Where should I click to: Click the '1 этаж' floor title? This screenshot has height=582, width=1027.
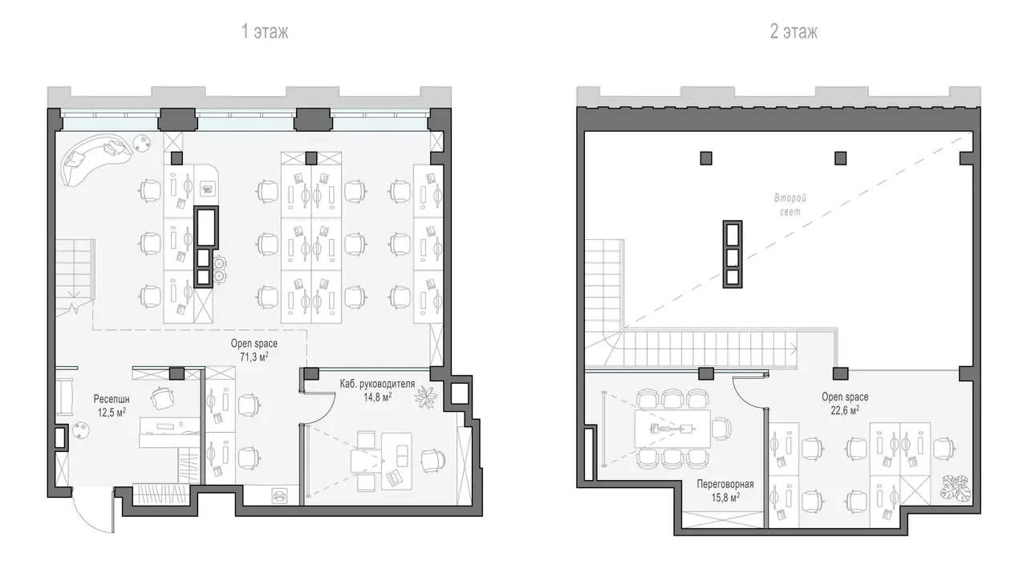[265, 31]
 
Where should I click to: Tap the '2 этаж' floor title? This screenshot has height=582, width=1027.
[794, 31]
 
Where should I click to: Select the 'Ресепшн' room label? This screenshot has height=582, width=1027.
[112, 399]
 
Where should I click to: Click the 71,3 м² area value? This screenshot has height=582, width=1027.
[254, 356]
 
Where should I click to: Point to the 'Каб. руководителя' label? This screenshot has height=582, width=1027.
[377, 384]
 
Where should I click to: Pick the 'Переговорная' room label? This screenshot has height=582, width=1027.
[725, 484]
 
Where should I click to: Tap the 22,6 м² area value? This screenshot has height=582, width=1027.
[845, 409]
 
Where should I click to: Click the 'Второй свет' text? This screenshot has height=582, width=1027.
[790, 205]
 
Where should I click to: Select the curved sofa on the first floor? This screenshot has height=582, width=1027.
[97, 157]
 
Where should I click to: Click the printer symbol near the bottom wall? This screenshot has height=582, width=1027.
[279, 495]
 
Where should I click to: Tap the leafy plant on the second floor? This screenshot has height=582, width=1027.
[956, 487]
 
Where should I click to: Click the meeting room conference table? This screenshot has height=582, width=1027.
[672, 429]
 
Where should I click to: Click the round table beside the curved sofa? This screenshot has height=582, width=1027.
[143, 142]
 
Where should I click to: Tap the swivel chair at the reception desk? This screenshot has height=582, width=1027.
[162, 397]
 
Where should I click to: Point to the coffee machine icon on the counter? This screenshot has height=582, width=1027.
[206, 189]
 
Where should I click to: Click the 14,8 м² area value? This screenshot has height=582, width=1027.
[378, 397]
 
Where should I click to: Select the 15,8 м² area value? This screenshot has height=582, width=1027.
[725, 498]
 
